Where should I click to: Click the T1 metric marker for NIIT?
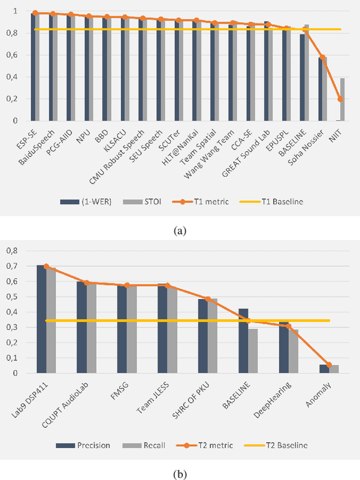(x=340, y=99)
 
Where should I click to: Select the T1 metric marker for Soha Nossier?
(x=322, y=57)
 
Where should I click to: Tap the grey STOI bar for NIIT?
(x=342, y=99)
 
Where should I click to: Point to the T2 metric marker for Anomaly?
(x=329, y=365)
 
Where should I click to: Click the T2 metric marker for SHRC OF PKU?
(x=208, y=299)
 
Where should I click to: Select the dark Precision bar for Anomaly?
(x=324, y=369)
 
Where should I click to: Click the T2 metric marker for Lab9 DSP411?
(x=46, y=266)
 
